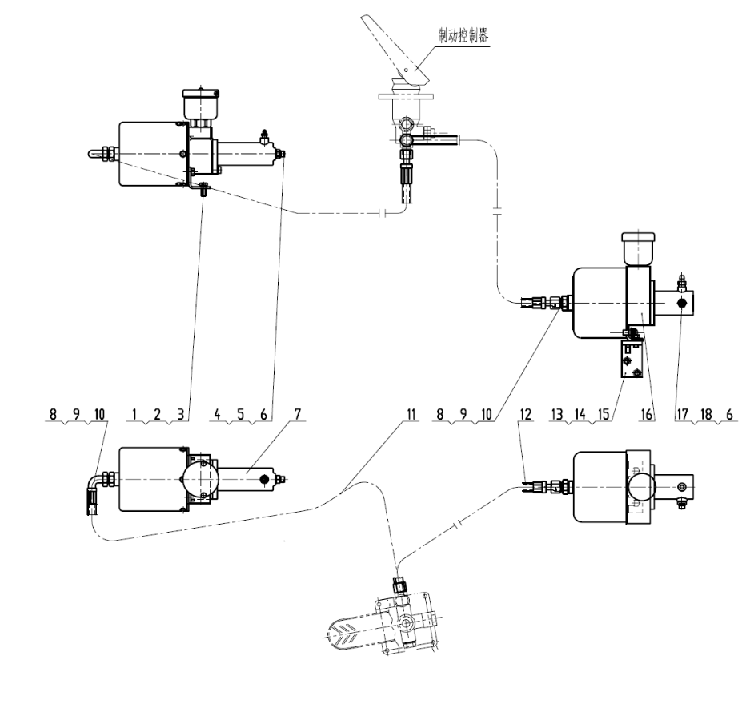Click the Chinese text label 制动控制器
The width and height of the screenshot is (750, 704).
click(463, 35)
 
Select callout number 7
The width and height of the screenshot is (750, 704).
click(298, 414)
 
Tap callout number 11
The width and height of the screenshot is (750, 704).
click(411, 414)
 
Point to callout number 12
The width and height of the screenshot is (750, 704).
click(525, 414)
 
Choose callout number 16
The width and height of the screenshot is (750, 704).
click(646, 414)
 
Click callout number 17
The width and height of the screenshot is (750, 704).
click(682, 414)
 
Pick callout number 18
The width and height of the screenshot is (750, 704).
click(706, 414)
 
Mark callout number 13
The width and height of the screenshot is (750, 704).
click(557, 414)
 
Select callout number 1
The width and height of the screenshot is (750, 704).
click(134, 414)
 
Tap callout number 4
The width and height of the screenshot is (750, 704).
click(218, 414)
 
